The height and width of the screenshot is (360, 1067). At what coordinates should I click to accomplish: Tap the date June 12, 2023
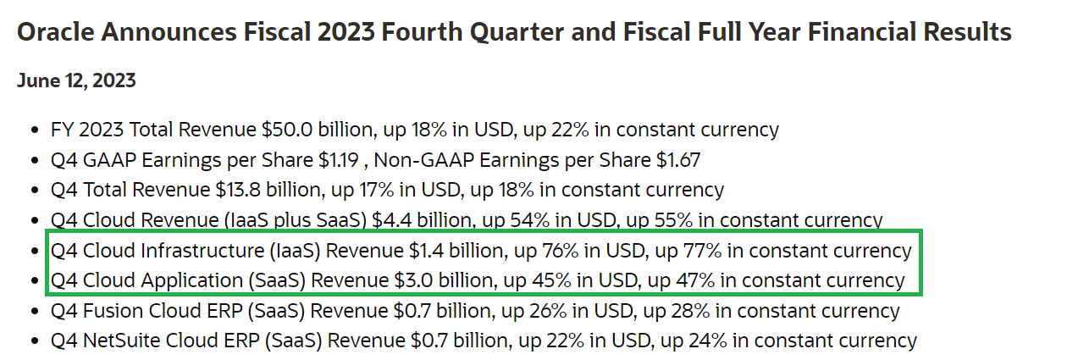click(x=76, y=81)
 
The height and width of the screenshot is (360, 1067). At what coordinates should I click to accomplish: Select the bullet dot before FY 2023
click(x=34, y=130)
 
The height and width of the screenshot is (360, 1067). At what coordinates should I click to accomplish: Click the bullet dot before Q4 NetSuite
click(x=34, y=341)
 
